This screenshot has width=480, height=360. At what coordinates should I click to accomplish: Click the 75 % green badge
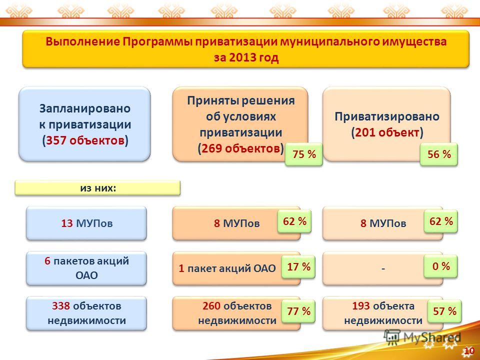303,154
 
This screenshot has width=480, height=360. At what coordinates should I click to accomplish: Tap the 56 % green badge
438,154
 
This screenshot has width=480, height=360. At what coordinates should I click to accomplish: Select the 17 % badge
298,266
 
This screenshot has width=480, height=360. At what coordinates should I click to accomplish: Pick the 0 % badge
441,266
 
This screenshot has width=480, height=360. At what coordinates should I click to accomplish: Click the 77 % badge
298,311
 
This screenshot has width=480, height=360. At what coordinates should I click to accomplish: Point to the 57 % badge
444,311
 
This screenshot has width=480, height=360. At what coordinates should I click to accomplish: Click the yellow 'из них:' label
97,188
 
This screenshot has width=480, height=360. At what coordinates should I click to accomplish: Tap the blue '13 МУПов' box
86,223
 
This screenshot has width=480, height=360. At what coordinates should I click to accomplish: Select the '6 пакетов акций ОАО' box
86,268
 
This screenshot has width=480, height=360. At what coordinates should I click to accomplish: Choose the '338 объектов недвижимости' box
86,313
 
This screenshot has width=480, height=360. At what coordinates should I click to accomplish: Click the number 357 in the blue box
56,141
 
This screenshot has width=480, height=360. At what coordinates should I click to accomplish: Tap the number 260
211,306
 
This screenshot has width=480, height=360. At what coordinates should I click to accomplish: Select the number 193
361,306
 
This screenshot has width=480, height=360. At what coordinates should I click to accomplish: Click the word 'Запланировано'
85,108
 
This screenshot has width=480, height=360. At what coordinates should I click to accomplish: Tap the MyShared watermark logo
422,337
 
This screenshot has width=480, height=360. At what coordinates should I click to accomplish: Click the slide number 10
469,351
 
